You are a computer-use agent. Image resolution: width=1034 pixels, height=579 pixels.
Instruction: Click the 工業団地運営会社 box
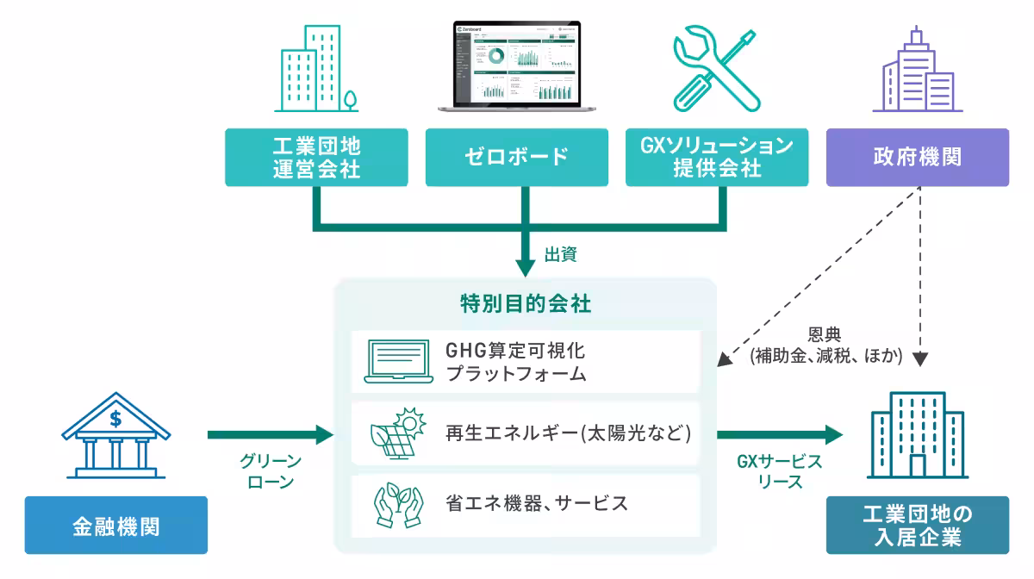point(316,157)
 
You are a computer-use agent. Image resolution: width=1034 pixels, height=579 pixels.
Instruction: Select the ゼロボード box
point(517,157)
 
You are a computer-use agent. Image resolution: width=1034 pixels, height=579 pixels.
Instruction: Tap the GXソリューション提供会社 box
point(717,157)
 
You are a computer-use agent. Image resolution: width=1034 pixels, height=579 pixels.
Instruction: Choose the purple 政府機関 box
point(917,157)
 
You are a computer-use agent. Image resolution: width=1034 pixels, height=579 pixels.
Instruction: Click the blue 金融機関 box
point(115,525)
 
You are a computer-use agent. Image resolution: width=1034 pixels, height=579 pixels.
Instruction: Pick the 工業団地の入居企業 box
point(917,525)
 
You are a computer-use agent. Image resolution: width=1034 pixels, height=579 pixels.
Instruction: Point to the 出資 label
point(560,254)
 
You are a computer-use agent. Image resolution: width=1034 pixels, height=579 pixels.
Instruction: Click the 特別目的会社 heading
point(526,304)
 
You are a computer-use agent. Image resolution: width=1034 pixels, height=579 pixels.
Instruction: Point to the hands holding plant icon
point(397,505)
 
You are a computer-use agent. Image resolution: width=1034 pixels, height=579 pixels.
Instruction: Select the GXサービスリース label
point(779,471)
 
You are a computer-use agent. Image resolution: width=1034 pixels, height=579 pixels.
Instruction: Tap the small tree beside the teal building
point(350,98)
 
